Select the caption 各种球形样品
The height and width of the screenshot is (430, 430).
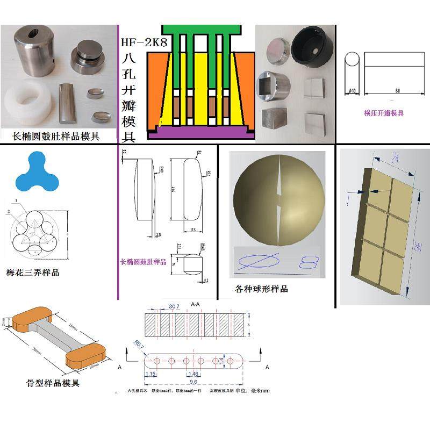(261, 289)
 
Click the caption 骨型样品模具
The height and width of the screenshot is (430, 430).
(53, 383)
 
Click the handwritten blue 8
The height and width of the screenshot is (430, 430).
(310, 263)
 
